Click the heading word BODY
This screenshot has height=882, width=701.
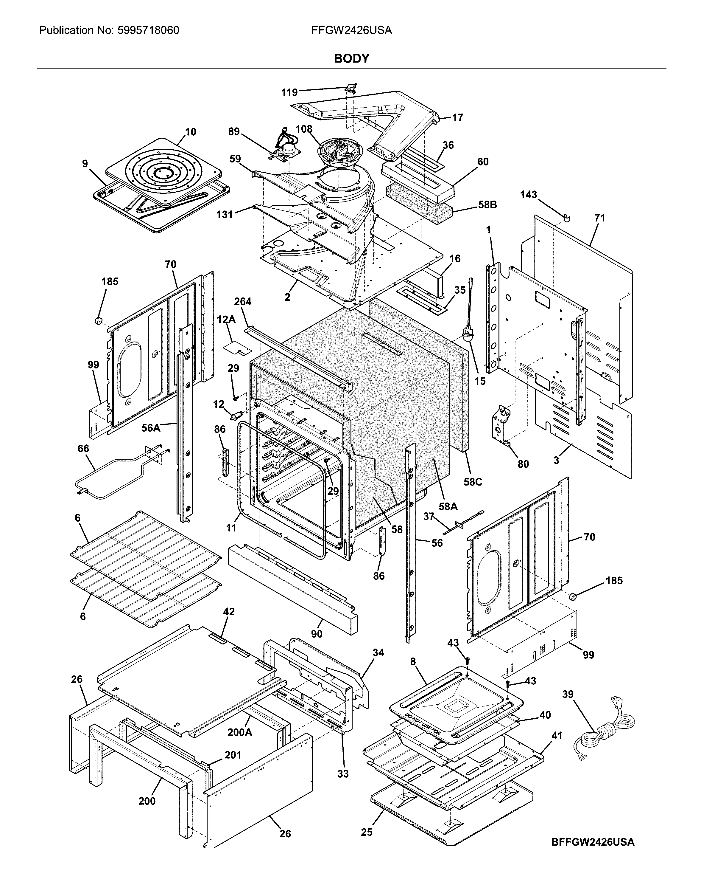351,58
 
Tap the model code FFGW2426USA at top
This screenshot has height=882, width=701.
351,30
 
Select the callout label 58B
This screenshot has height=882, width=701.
487,205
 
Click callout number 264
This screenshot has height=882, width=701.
242,301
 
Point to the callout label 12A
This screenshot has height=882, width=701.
226,320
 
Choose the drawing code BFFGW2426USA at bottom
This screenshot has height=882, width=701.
592,839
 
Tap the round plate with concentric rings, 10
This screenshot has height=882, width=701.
163,172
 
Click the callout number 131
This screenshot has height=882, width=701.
225,214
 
